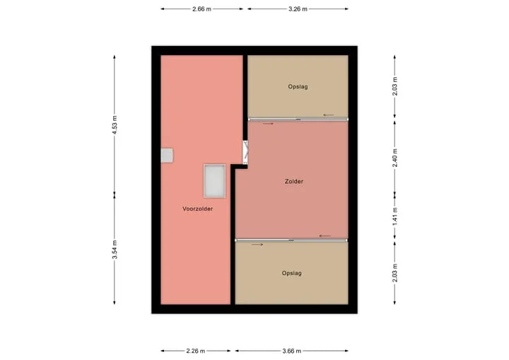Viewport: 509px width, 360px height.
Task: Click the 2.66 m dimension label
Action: (x=201, y=9)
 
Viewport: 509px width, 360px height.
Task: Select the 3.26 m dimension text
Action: (x=298, y=9)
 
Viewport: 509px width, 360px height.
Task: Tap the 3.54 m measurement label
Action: (x=115, y=250)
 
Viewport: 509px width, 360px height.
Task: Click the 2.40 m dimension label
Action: (x=394, y=158)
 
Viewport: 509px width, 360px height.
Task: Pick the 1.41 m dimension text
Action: (x=394, y=216)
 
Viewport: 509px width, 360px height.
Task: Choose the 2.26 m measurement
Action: (x=196, y=351)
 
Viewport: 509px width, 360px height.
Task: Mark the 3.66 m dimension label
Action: (x=291, y=351)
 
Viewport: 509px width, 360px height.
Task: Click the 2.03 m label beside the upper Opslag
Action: (x=394, y=86)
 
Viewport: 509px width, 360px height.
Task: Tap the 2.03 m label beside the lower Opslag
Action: (x=394, y=272)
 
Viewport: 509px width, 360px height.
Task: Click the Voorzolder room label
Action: (x=198, y=209)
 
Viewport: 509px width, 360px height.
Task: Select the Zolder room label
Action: (x=294, y=181)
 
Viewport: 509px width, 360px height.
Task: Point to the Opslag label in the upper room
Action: (x=298, y=87)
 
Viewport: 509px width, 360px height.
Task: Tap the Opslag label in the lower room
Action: (x=292, y=273)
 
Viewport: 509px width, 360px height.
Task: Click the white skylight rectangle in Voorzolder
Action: (x=215, y=181)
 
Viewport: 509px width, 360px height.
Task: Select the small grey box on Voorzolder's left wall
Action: (x=167, y=156)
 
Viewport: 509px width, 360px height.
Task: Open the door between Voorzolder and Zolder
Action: (x=246, y=152)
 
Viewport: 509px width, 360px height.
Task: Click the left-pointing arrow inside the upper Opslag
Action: (x=328, y=115)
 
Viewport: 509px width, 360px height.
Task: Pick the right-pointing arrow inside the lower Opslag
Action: (x=257, y=245)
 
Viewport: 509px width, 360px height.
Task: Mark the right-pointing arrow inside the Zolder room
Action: (x=268, y=124)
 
